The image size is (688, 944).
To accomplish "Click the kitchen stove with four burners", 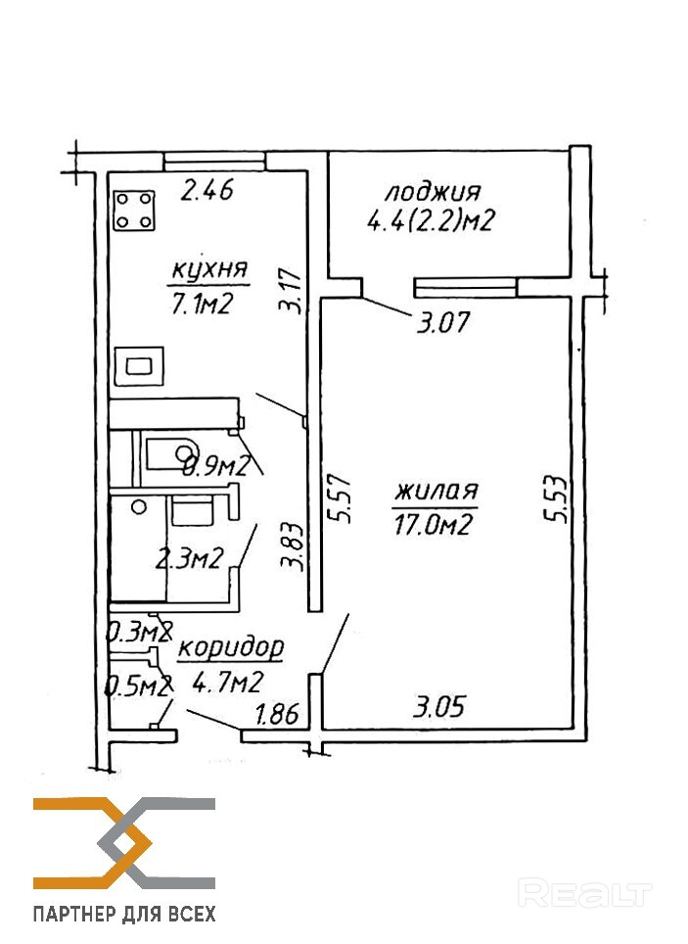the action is tap(136, 210).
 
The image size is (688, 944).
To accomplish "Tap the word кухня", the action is tap(209, 269).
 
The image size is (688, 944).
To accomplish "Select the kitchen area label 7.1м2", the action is tap(201, 305).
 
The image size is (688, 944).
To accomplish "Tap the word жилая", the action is tap(435, 490).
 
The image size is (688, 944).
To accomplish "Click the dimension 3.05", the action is tap(436, 705).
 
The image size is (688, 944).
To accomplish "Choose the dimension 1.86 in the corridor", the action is tap(276, 714).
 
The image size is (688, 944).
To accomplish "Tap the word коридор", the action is tap(232, 647).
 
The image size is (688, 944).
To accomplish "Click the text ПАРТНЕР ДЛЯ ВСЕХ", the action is tap(124, 915).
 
